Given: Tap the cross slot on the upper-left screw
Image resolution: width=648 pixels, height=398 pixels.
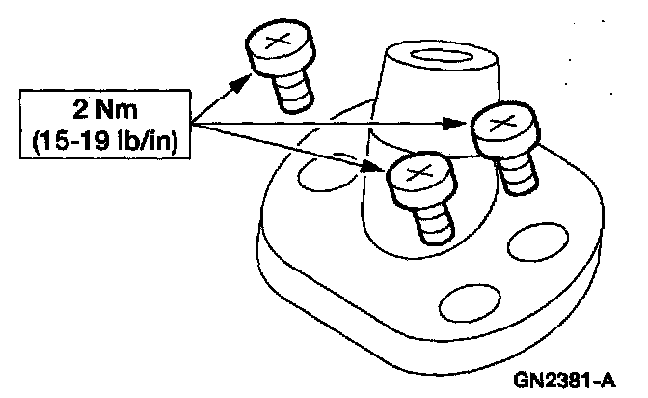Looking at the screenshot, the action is point(277,42).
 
